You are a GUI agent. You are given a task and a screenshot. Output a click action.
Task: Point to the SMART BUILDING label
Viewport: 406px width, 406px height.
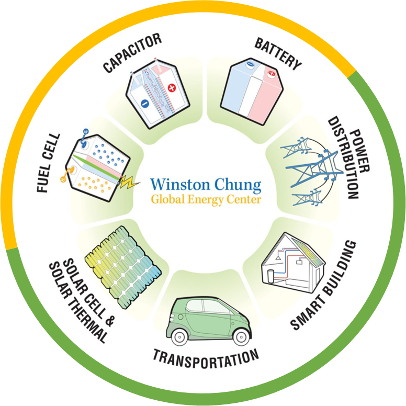tap(324, 285)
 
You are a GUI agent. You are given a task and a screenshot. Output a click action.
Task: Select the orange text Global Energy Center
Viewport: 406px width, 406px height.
tap(205, 199)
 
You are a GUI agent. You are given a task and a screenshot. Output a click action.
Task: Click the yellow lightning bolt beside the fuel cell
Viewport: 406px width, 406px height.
tap(128, 182)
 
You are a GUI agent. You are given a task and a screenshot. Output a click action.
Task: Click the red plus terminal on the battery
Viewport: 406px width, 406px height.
tap(271, 74)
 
